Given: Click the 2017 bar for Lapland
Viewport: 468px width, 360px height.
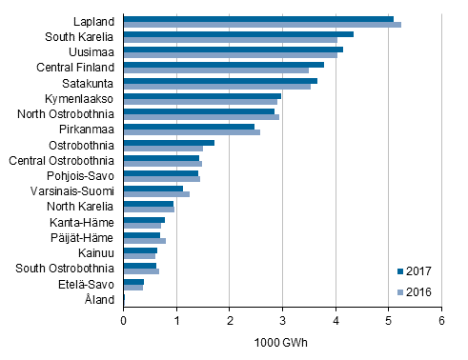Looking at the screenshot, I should coord(258,18).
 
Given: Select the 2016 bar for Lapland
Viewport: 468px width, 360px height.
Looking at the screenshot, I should coord(262,25).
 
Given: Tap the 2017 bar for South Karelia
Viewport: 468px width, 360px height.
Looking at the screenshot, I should coord(238,34).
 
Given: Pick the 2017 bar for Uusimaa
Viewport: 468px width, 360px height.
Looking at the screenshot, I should coord(234,50).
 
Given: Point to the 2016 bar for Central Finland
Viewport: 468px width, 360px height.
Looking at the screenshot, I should coord(216,70).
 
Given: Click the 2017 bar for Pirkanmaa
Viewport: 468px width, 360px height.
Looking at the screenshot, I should coord(189,126).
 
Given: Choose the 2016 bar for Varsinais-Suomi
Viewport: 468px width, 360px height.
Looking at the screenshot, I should coord(156,194).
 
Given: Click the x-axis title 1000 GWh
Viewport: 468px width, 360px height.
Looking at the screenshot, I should coord(282,344).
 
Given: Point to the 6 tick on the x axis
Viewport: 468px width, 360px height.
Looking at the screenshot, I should coord(441,322).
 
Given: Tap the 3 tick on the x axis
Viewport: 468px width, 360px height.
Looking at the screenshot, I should coord(282,322).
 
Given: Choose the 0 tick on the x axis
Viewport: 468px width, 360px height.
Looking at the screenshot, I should coord(124,322).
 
